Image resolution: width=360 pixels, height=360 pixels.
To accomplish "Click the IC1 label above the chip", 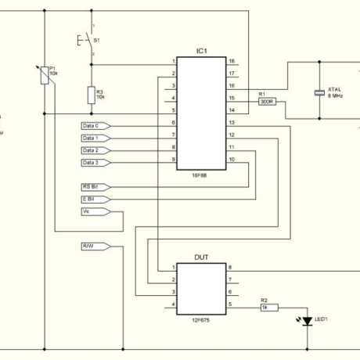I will point(201,51).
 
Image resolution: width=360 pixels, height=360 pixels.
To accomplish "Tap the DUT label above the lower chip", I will point(201,257).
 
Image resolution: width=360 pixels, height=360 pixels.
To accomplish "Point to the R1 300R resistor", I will point(265,100).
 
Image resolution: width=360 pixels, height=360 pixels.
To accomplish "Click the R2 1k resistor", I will point(265,308).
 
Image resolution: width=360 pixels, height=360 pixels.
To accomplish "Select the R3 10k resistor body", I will point(91,95).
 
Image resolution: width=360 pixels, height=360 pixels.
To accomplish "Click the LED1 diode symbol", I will point(307,320).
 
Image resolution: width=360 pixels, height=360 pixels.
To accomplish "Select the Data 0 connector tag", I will point(95,125).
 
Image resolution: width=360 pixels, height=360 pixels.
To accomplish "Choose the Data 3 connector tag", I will point(95,163).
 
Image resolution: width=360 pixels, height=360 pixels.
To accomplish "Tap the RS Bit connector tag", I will point(95,187).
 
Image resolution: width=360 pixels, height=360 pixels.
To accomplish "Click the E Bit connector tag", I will point(95,200).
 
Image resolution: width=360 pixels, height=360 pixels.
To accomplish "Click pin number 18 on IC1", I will point(232,61).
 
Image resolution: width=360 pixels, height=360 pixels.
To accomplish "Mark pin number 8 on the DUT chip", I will point(230,268).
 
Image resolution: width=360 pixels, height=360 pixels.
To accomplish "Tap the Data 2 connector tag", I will point(95,150).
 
